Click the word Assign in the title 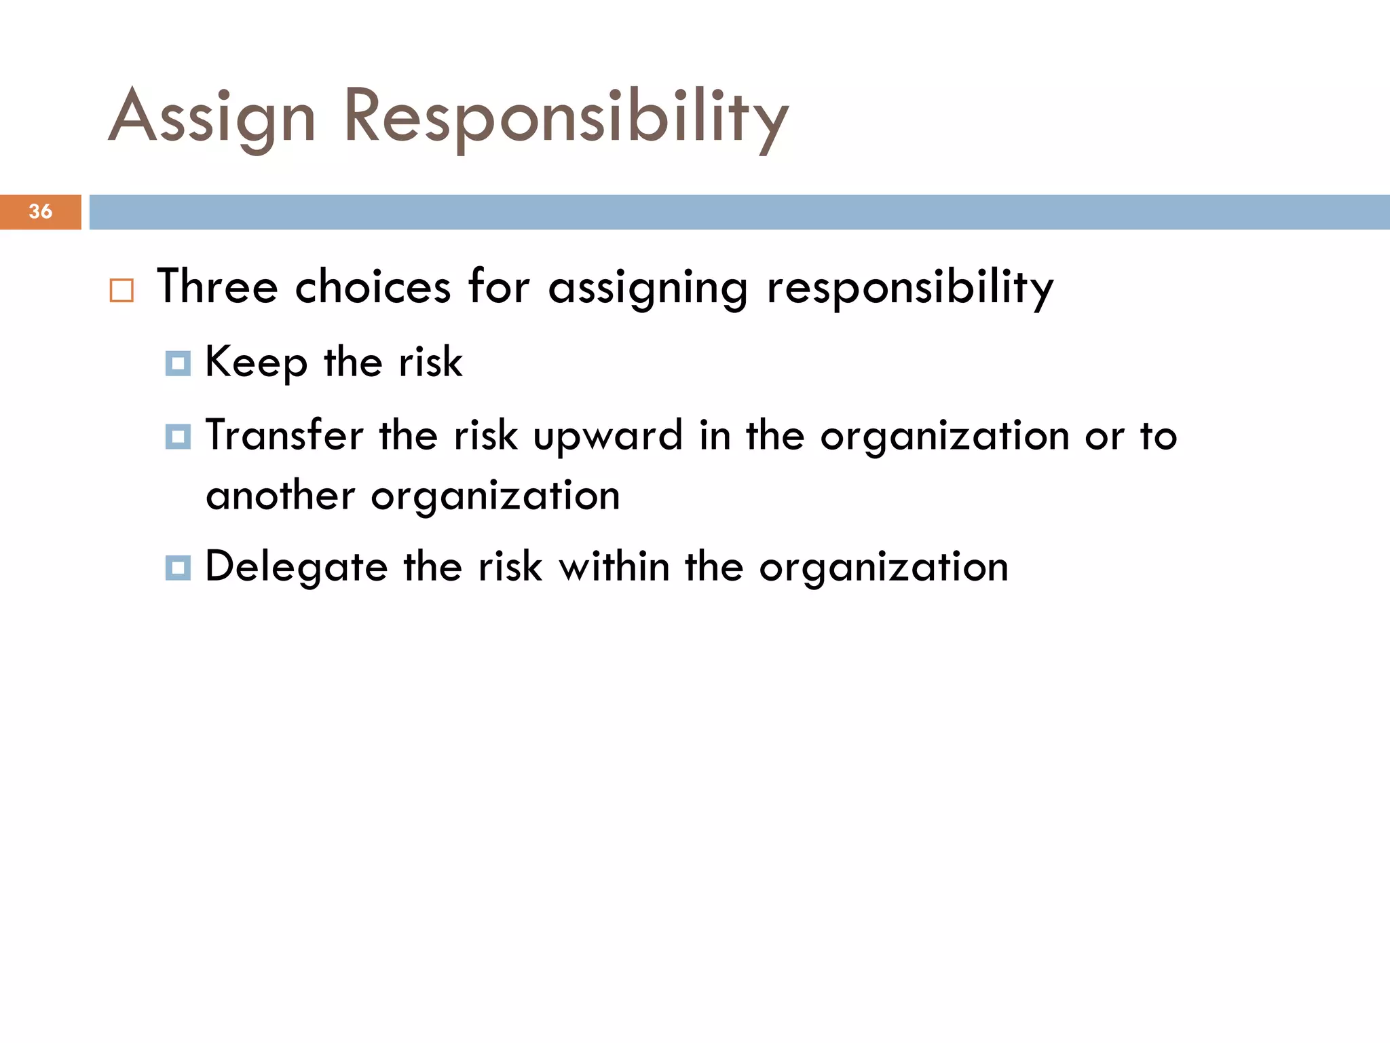click(212, 117)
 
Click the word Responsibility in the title click(565, 117)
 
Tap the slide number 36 click(41, 211)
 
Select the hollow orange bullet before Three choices click(121, 290)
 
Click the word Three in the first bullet click(217, 287)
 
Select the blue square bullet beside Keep click(178, 363)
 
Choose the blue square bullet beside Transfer click(178, 436)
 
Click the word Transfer click(284, 435)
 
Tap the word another click(280, 496)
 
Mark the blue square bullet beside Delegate click(178, 567)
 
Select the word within click(614, 566)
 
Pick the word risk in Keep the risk click(430, 362)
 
